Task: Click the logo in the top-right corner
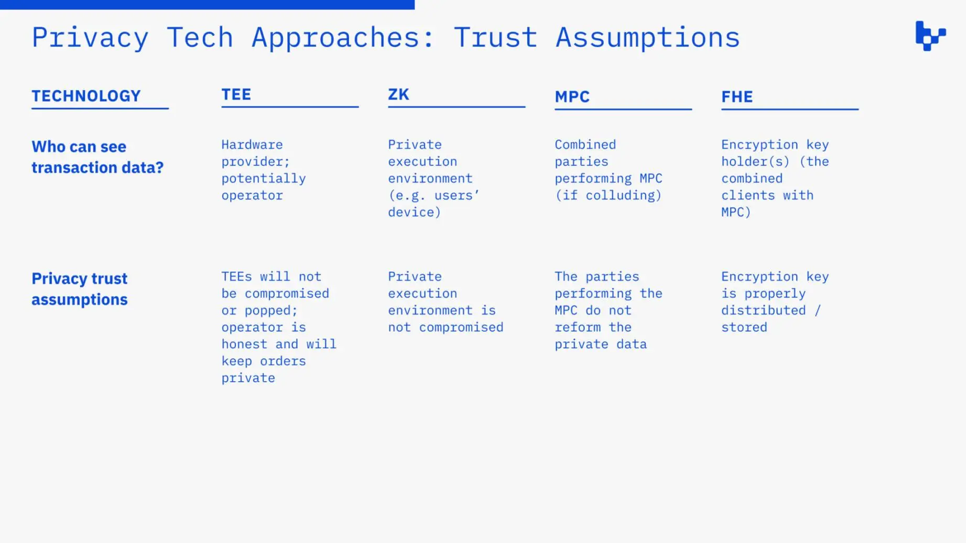[930, 36]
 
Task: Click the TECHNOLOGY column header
[86, 96]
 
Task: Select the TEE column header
[236, 94]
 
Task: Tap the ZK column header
[398, 94]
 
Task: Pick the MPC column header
[572, 96]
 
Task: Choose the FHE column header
[737, 96]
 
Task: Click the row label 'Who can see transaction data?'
[97, 157]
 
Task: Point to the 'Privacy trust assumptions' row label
[80, 289]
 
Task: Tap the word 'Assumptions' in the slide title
[648, 38]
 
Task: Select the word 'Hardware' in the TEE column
[252, 145]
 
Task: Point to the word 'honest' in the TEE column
[244, 344]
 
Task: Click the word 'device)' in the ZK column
[415, 212]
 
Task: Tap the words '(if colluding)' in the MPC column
[609, 195]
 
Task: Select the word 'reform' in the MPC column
[578, 327]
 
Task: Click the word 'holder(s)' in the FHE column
[755, 162]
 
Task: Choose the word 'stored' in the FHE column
[744, 327]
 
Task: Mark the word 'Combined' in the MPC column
[585, 145]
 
